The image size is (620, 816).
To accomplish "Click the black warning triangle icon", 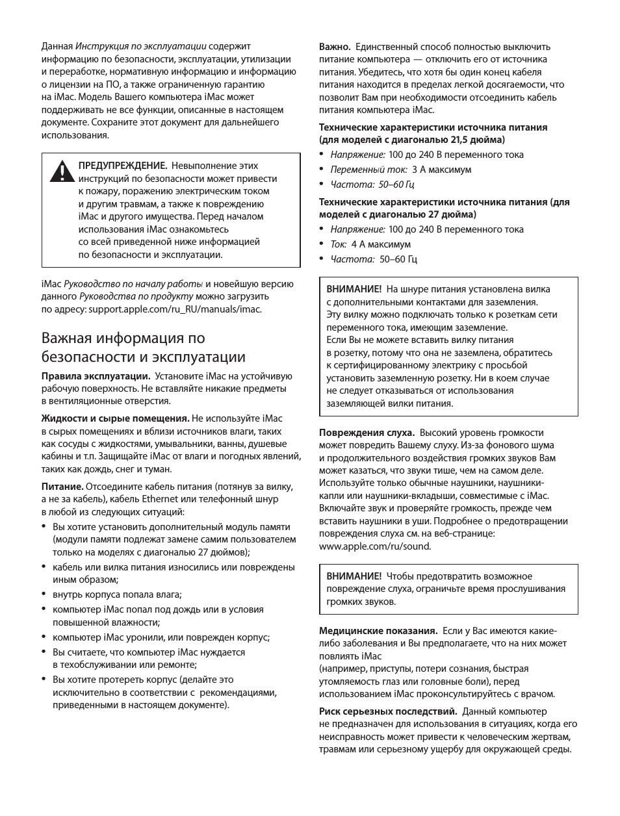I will click(x=60, y=171).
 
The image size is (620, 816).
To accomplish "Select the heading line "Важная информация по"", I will click(x=123, y=338).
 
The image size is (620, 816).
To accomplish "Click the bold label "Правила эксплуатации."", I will click(x=96, y=376).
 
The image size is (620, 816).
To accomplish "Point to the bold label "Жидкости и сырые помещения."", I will click(x=115, y=418).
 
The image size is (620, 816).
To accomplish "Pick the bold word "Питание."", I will click(x=62, y=486).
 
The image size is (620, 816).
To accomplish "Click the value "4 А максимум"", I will click(x=381, y=244).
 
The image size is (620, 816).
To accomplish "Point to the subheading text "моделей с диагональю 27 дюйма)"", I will click(x=397, y=214).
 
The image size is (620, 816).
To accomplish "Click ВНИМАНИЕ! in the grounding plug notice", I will click(x=354, y=289).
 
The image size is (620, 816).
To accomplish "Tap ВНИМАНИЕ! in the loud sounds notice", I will click(x=354, y=576).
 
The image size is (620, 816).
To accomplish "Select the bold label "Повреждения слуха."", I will click(x=367, y=433).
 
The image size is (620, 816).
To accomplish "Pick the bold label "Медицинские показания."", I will click(x=378, y=631).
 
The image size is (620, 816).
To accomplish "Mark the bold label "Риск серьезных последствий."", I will click(x=388, y=711).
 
